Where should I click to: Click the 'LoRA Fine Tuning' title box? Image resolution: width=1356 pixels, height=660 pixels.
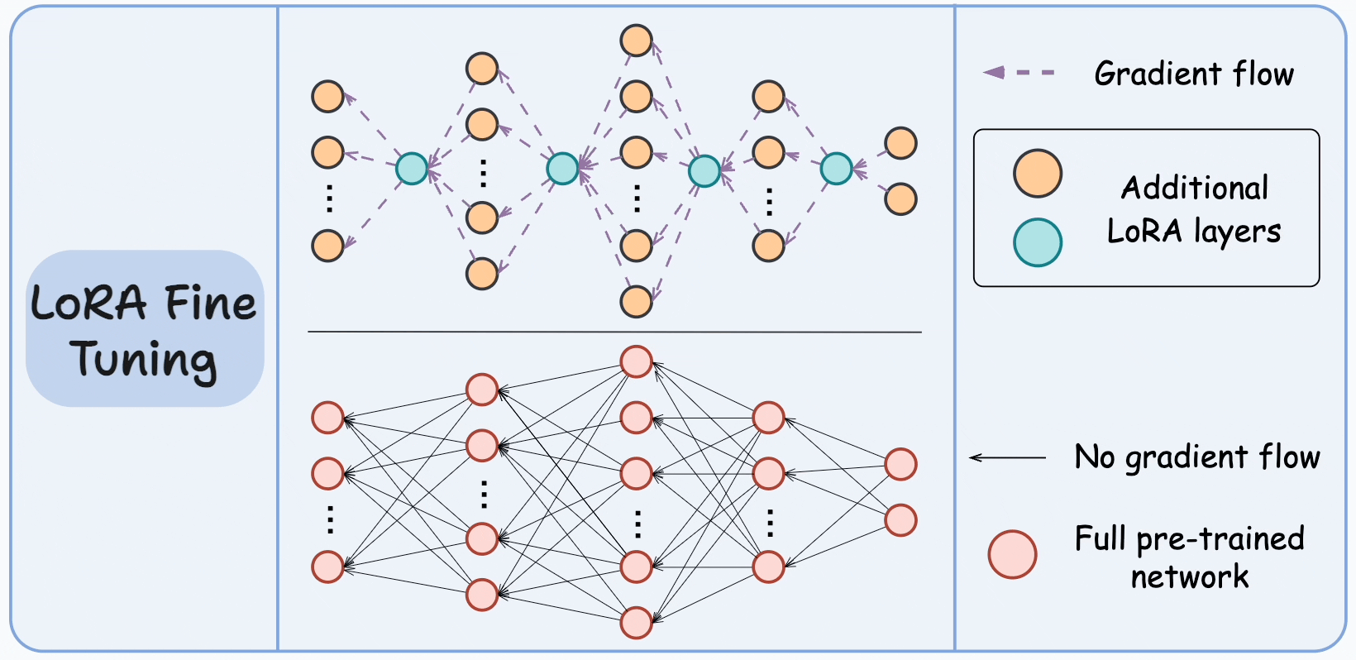(145, 328)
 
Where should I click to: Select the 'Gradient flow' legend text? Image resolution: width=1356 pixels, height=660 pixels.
(1193, 74)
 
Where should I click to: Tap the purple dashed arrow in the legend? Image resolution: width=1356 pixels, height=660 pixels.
(1019, 73)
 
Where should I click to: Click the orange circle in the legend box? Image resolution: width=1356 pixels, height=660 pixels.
(1038, 174)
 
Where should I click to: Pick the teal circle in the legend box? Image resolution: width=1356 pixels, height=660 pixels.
(1038, 242)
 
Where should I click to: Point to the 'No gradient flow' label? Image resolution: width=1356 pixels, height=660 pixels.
(1196, 457)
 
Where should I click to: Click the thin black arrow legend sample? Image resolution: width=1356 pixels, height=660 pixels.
(1008, 457)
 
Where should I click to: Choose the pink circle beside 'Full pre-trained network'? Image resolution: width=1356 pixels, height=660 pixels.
(1012, 554)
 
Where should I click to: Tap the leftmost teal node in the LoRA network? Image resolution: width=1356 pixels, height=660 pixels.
(412, 169)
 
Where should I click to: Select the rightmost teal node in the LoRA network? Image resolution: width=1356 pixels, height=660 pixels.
(836, 169)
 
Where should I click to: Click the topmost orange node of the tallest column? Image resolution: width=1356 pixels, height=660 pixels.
(636, 41)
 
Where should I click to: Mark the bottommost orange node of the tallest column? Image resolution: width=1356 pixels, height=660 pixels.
(636, 302)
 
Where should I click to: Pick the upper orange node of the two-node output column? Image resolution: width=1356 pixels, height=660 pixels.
(900, 143)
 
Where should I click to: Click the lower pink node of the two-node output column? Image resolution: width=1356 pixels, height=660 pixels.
(900, 520)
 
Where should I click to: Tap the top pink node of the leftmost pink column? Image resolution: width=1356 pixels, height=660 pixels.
(327, 418)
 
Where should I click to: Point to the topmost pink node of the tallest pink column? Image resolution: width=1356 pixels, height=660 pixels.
(636, 361)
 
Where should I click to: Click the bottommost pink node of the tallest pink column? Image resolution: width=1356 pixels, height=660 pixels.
(636, 623)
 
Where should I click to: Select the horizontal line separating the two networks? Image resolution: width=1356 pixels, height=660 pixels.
(614, 332)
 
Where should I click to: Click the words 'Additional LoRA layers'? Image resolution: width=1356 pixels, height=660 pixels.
(1193, 209)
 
